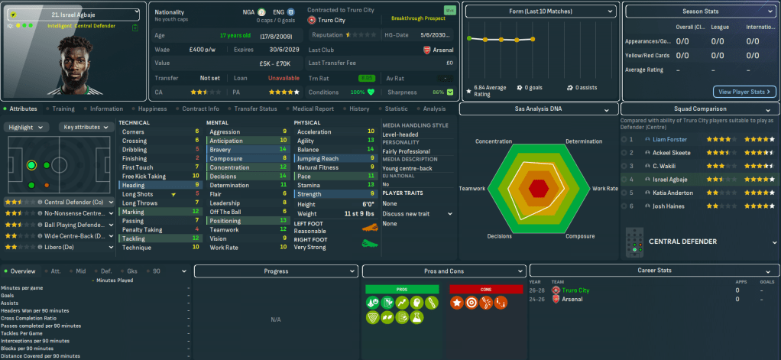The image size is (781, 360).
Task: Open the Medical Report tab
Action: pos(313,109)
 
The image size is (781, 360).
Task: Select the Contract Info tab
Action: pos(201,109)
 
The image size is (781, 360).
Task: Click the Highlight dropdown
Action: pos(28,127)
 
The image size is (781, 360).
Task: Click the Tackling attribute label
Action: pos(134,238)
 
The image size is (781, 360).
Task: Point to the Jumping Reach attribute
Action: pos(319,158)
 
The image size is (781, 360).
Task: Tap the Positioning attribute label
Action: pos(225,221)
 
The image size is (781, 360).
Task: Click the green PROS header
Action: pos(402,290)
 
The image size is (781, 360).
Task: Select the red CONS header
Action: pos(486,290)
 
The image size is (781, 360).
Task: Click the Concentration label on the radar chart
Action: pos(494,141)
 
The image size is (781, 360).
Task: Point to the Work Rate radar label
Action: pos(605,188)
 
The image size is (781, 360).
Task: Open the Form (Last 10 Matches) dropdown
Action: pos(540,12)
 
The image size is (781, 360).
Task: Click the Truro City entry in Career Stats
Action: pos(575,290)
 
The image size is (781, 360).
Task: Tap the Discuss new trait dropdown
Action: pos(417,214)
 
